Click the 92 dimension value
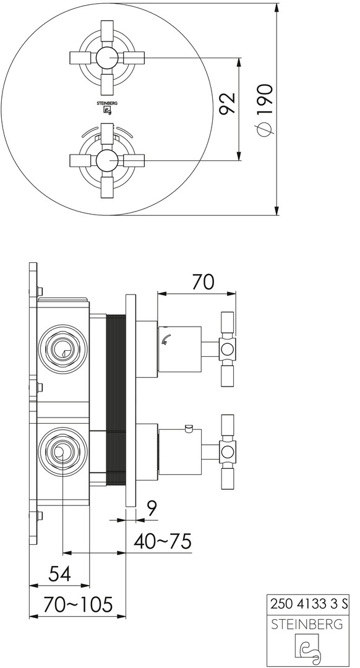228,102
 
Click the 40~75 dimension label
162,541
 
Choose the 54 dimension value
59,574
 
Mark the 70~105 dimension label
77,604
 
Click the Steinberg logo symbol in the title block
307,649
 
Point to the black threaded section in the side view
116,400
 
